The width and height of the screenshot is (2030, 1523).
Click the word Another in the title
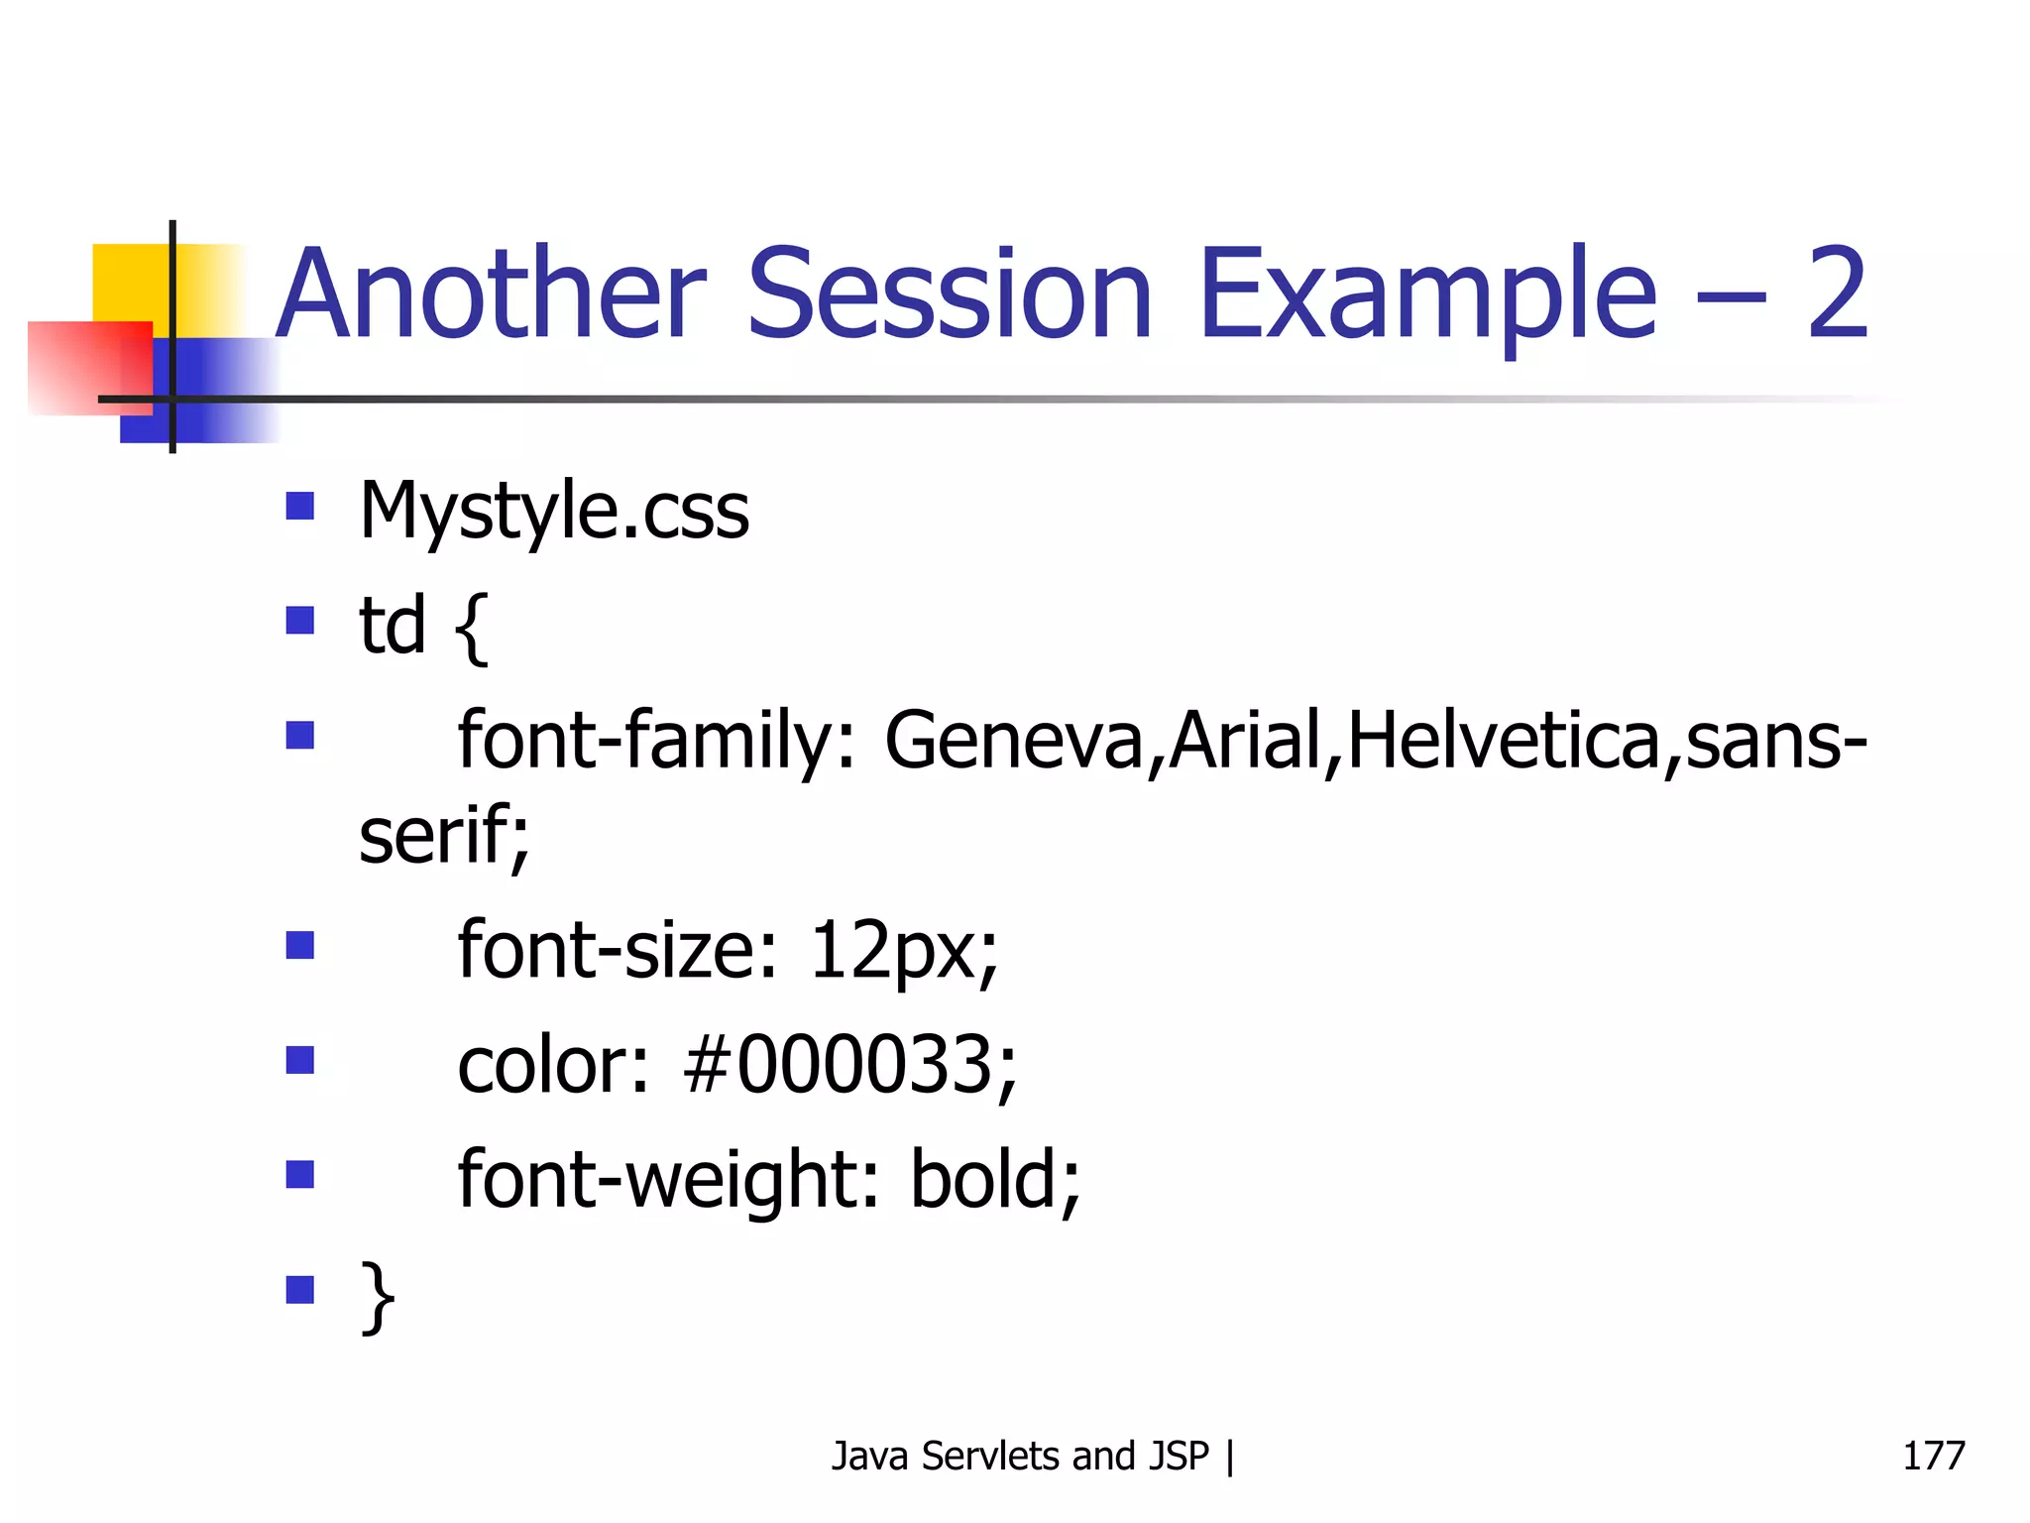[492, 294]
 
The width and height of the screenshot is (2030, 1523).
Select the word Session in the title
[950, 294]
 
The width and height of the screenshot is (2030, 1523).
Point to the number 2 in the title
[1837, 294]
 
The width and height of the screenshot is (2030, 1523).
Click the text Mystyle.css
[553, 512]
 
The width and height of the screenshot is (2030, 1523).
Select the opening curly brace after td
[472, 627]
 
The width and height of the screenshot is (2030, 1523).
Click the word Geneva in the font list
[1013, 741]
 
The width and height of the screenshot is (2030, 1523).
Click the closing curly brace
[378, 1296]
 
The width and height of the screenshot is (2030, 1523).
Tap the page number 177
[1933, 1457]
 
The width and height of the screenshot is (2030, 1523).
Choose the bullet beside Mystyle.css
[299, 507]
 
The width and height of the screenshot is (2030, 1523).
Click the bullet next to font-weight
[299, 1175]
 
